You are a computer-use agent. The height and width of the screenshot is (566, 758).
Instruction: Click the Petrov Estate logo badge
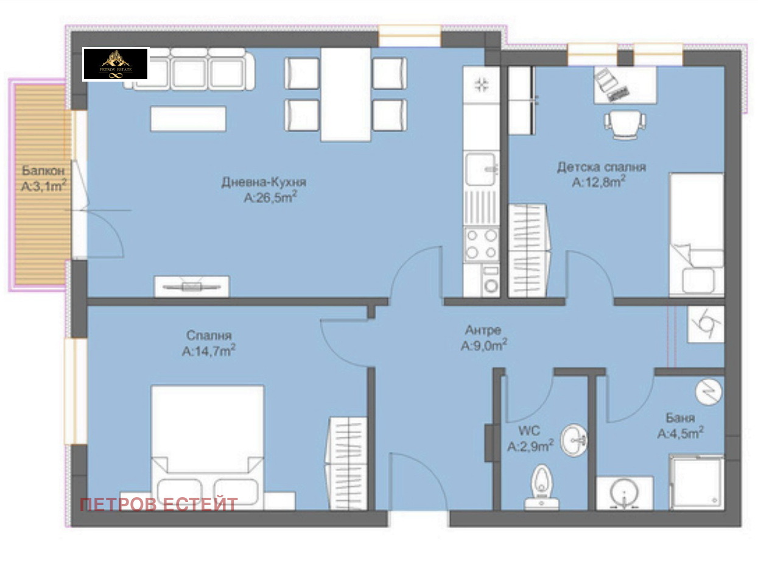[116, 64]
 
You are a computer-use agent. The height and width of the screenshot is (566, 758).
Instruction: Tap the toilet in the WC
[541, 487]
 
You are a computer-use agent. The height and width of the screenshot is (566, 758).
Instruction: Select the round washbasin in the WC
[574, 440]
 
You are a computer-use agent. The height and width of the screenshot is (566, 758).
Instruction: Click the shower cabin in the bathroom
[696, 483]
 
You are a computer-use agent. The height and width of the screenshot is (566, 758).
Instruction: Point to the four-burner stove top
[482, 244]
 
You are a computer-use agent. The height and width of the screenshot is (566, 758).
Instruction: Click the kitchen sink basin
[481, 169]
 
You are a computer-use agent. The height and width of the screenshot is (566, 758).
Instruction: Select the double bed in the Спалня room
[207, 447]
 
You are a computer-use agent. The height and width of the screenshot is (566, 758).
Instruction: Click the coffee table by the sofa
[188, 119]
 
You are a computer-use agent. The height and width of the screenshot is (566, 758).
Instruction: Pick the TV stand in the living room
[192, 286]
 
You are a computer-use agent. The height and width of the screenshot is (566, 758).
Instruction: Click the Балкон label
[43, 171]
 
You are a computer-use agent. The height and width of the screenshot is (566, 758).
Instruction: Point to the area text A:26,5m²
[270, 197]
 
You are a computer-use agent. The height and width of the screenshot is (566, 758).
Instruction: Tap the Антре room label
[483, 330]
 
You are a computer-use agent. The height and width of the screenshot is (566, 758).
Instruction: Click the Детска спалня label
[601, 168]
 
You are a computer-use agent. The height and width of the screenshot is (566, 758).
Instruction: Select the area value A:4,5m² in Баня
[680, 433]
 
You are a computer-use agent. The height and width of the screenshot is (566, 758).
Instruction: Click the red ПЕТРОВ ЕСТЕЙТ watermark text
[159, 504]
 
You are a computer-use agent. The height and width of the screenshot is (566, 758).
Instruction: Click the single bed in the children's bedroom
[697, 235]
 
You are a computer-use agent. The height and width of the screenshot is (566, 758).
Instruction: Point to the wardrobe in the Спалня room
[346, 464]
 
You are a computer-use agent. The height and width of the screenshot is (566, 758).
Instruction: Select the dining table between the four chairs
[346, 94]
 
